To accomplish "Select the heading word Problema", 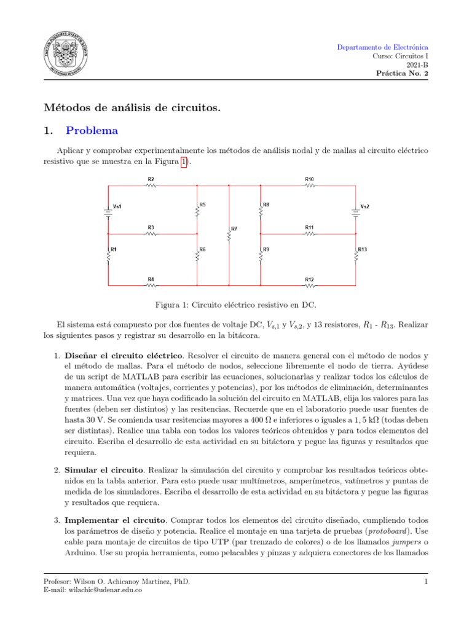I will click(92, 131).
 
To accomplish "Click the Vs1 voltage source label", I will click(117, 206).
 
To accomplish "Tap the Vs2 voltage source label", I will click(364, 206).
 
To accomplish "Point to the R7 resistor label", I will click(234, 229).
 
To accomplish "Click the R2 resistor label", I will click(151, 179).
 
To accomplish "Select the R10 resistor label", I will click(309, 179).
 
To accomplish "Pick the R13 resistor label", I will click(363, 249).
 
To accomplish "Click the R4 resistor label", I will click(151, 279).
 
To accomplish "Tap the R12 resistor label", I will click(309, 279).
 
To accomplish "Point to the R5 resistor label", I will click(203, 204).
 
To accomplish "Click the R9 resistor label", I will click(266, 249).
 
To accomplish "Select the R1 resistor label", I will click(114, 249).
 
